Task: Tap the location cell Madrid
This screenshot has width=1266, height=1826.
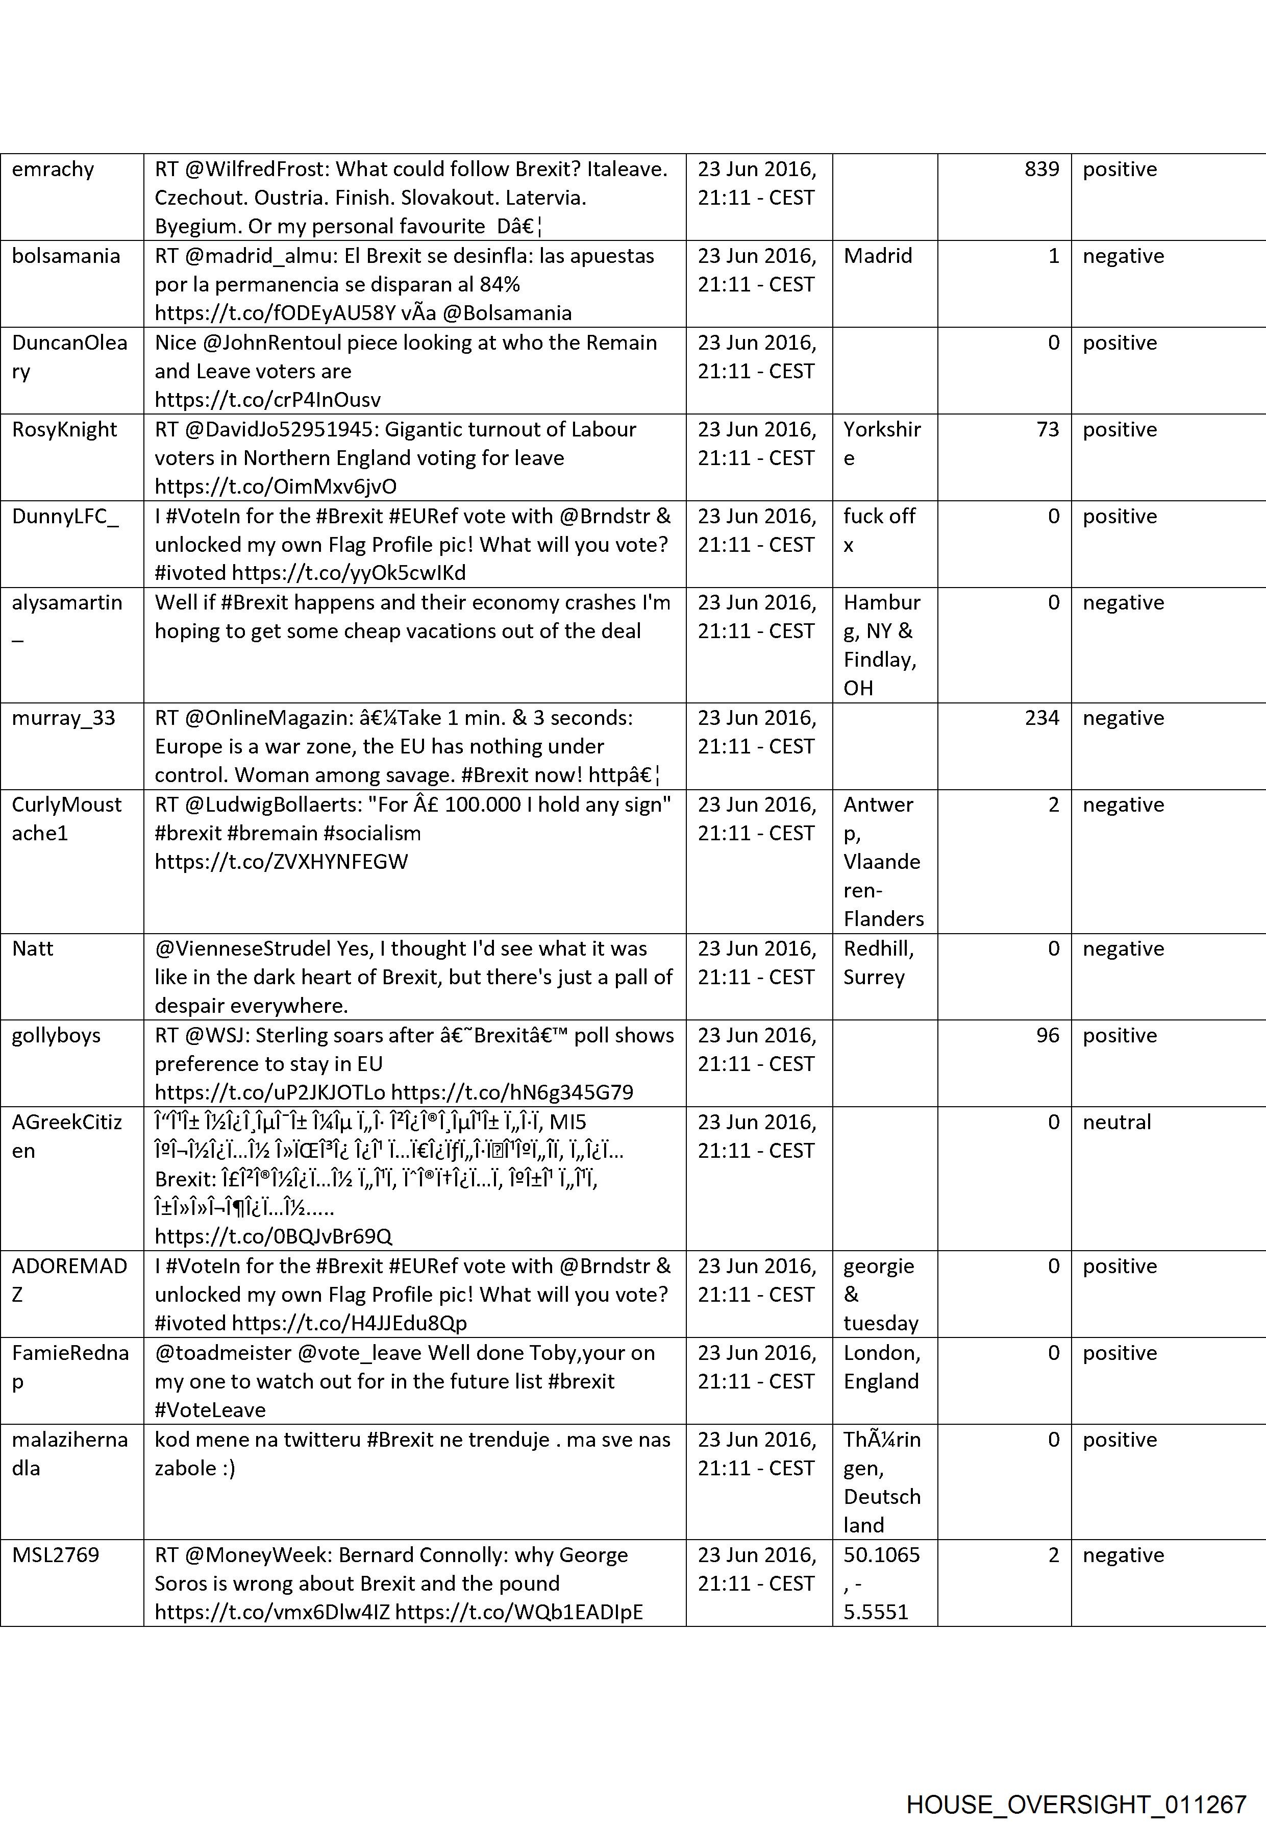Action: [x=877, y=256]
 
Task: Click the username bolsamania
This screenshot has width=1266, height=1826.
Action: [x=66, y=256]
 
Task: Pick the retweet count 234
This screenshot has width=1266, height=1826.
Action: [x=1041, y=718]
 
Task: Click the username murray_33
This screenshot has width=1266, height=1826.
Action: [x=63, y=718]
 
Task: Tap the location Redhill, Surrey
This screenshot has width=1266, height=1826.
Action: [x=878, y=963]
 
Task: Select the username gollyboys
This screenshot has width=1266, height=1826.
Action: [x=56, y=1036]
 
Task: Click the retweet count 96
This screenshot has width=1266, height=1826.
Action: [x=1047, y=1036]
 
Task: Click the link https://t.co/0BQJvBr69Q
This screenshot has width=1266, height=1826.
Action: [x=273, y=1236]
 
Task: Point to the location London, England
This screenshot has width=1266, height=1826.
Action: [x=881, y=1367]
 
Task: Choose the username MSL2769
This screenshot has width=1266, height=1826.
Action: [x=56, y=1555]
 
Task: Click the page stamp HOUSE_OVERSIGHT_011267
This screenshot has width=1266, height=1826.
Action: [x=1076, y=1783]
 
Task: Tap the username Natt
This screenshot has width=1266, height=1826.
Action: [x=33, y=949]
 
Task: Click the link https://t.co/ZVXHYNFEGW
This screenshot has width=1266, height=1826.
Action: [x=281, y=863]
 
